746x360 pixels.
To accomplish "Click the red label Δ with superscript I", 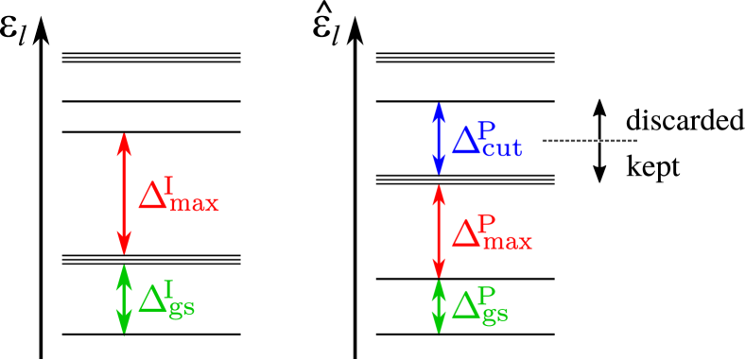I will tap(178, 195).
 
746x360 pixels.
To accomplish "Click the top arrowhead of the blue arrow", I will tap(439, 110).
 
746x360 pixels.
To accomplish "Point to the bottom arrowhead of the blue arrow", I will tap(439, 168).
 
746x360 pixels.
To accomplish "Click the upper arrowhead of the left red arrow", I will tap(123, 142).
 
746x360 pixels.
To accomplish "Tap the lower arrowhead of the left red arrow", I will tap(123, 246).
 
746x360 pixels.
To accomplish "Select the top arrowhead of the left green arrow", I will tap(123, 272).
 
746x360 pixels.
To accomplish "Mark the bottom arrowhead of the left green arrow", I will tap(123, 326).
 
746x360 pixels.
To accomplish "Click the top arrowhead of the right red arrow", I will tap(439, 193).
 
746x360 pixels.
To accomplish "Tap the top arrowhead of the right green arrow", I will tap(439, 287).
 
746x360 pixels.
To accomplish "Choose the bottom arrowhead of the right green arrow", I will tap(439, 326).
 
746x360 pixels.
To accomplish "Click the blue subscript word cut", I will tap(501, 150).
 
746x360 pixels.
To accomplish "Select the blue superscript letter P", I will tap(487, 129).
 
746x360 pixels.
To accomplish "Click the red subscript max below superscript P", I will tap(507, 242).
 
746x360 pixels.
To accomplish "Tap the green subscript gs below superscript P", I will tap(494, 313).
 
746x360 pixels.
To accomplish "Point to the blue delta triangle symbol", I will tap(465, 142).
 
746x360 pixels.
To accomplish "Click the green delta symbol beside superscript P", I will tap(464, 305).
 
